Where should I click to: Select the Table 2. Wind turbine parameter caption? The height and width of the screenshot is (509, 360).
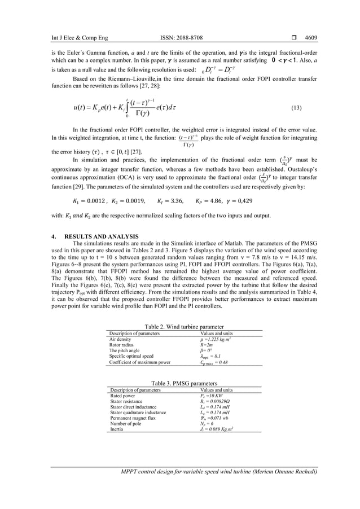click(179, 327)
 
